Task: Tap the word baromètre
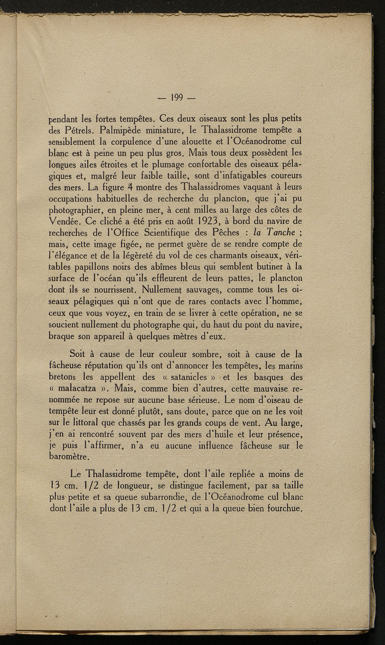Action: point(70,457)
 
